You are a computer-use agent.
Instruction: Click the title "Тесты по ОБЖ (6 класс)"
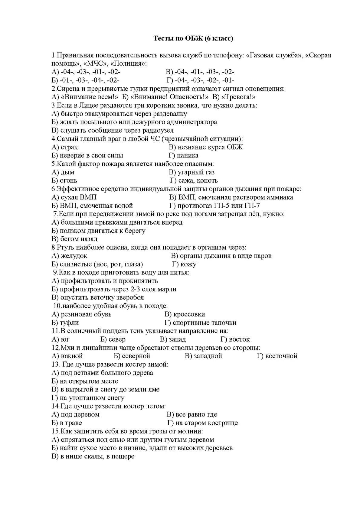194,38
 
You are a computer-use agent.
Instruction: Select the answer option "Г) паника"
183,155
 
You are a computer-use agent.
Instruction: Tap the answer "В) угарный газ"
191,172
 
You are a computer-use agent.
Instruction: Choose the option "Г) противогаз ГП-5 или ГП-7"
215,206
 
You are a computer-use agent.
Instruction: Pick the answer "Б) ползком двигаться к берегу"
99,231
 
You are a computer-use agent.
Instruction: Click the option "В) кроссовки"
185,314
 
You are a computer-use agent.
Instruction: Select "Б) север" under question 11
113,339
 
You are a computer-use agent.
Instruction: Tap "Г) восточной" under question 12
277,356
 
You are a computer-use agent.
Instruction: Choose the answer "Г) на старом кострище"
202,423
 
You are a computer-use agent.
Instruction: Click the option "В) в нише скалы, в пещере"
93,456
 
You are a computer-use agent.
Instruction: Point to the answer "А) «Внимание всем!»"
85,97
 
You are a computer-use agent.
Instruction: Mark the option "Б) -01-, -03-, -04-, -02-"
86,80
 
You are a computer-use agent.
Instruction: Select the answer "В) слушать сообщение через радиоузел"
113,131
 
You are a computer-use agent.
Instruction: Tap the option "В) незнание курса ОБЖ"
206,147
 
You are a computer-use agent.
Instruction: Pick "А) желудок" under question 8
70,256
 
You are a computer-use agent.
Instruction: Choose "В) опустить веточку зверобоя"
98,297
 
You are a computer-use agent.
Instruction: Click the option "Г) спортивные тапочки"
200,323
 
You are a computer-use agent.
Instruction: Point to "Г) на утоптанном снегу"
88,398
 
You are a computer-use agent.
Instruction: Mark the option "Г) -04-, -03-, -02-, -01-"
200,80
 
